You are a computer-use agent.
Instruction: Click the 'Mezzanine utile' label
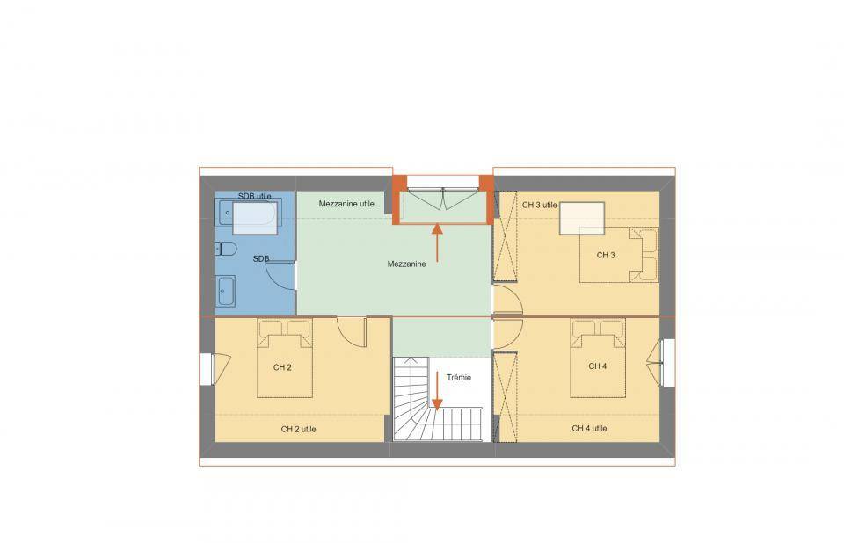346,204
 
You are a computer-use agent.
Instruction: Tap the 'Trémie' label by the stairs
459,378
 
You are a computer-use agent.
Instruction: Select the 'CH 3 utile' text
539,205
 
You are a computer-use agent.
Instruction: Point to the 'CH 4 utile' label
589,429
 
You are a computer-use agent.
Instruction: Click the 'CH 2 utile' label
298,430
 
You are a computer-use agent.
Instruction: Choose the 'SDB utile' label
255,197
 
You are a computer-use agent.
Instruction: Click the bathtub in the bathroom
248,217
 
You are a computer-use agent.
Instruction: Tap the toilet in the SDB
226,249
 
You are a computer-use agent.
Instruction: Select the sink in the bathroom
225,291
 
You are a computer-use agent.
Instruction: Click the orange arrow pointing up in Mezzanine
437,243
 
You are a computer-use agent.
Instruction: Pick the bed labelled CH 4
598,358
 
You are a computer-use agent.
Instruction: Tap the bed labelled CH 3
619,255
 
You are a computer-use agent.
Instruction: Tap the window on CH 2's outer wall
207,369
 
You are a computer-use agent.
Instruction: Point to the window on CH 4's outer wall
667,362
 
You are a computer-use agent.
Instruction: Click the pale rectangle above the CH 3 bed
582,218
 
